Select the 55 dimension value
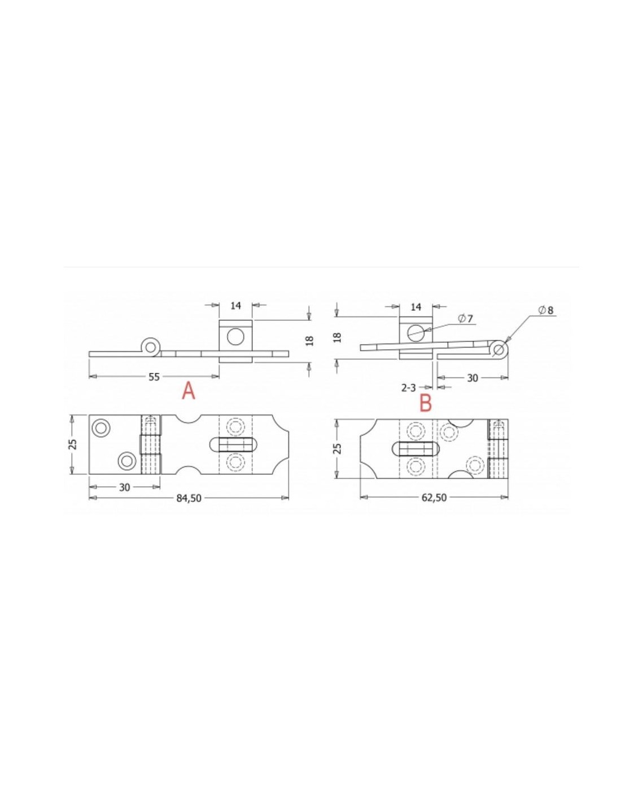pyautogui.click(x=154, y=377)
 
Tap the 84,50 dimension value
pyautogui.click(x=189, y=498)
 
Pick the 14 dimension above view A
pyautogui.click(x=235, y=306)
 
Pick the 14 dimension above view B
pyautogui.click(x=416, y=307)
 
